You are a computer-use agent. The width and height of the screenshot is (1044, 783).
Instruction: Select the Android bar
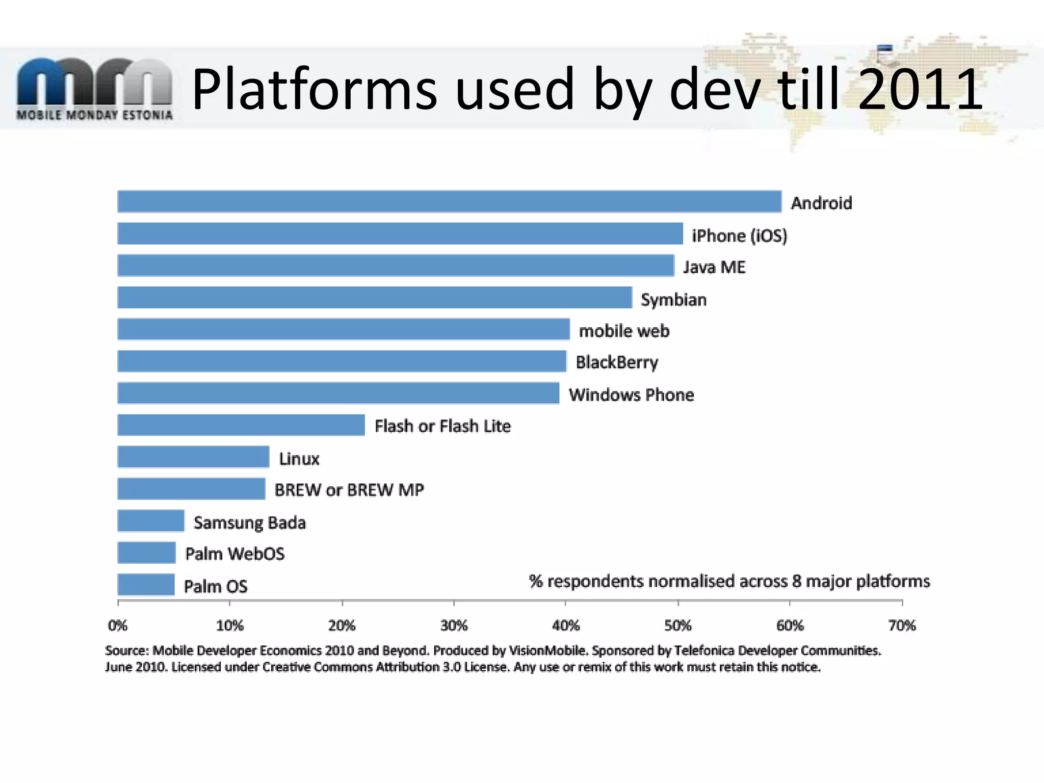pos(449,201)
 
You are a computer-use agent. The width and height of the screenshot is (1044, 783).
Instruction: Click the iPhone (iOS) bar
pos(400,233)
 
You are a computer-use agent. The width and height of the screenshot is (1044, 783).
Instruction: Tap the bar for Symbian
pos(375,297)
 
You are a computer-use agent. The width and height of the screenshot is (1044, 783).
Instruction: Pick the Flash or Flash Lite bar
pos(241,425)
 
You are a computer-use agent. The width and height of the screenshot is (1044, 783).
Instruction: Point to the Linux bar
pos(193,457)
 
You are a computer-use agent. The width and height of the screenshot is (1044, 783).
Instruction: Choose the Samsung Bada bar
pos(151,521)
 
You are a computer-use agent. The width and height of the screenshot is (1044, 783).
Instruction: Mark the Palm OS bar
pos(146,585)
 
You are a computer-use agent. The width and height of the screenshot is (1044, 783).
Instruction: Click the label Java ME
pos(714,267)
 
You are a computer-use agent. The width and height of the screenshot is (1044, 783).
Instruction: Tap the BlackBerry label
pos(617,362)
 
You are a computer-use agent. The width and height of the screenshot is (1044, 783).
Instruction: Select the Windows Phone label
pos(631,395)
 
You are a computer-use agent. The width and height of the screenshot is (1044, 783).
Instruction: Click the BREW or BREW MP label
pos(349,490)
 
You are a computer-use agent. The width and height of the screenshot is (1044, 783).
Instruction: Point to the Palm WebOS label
pos(234,554)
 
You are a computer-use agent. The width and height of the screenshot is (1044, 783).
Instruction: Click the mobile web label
pos(624,331)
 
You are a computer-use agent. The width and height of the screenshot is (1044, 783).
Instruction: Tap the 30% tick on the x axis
pos(454,625)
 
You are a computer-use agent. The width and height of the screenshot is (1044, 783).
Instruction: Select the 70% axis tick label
pos(902,625)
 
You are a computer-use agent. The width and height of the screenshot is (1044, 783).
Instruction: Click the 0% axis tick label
pos(118,625)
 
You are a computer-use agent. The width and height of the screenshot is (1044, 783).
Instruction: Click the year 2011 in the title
pos(920,89)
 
